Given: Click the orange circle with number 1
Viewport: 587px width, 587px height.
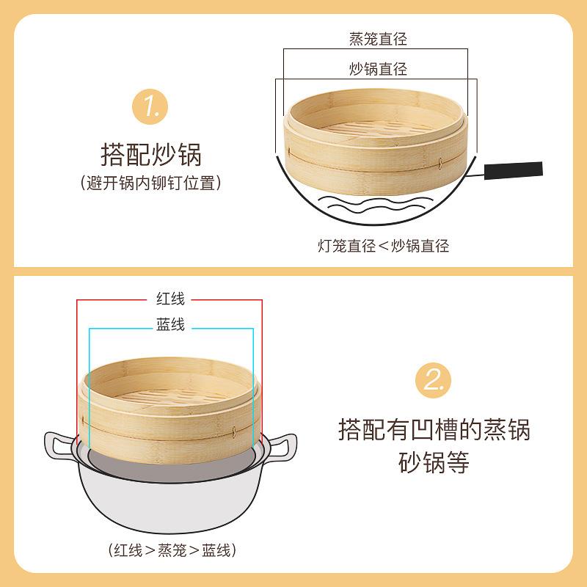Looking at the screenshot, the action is [150, 106].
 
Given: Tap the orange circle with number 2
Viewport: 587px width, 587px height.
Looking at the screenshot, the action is [433, 380].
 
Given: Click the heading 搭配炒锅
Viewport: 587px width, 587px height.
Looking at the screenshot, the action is [151, 154].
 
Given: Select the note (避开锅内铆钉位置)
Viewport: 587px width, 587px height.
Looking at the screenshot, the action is [150, 183].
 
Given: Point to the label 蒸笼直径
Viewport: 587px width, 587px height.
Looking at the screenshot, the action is [378, 39].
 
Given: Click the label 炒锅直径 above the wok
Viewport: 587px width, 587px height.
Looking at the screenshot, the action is [378, 69].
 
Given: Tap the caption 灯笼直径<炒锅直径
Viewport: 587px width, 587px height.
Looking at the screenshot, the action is [383, 246].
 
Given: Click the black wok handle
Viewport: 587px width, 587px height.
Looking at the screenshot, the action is [513, 170].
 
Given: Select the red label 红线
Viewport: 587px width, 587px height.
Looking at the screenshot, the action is [170, 299].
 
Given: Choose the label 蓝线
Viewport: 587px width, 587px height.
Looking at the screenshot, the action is [170, 324].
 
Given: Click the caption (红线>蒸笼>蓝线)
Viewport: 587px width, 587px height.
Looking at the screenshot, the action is [172, 550].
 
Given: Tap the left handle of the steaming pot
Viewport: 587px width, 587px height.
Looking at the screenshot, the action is [59, 445].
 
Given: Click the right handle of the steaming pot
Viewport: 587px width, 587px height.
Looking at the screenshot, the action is [282, 446].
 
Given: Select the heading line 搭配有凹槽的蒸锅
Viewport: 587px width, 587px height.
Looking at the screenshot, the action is [434, 429].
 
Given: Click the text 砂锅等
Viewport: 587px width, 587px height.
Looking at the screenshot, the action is [434, 462].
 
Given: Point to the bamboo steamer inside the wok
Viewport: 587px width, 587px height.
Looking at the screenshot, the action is [376, 142].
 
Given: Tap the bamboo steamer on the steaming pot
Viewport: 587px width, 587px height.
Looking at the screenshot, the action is [170, 411].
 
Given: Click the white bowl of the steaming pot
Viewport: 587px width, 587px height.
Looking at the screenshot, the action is [170, 502].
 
